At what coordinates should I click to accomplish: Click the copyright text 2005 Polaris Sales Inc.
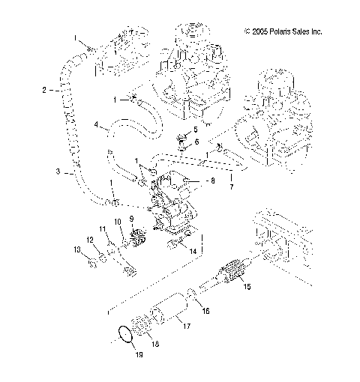click(x=283, y=31)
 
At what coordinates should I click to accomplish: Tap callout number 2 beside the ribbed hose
click(x=44, y=90)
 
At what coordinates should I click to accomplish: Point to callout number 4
click(x=96, y=124)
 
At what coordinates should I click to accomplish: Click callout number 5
click(x=195, y=129)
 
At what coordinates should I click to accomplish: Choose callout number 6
click(x=196, y=141)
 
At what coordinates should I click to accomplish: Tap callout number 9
click(x=132, y=219)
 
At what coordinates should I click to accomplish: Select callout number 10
click(x=117, y=222)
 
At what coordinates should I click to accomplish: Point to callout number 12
click(x=88, y=239)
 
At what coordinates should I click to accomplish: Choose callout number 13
click(x=76, y=249)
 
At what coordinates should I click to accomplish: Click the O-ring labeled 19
click(x=127, y=335)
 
